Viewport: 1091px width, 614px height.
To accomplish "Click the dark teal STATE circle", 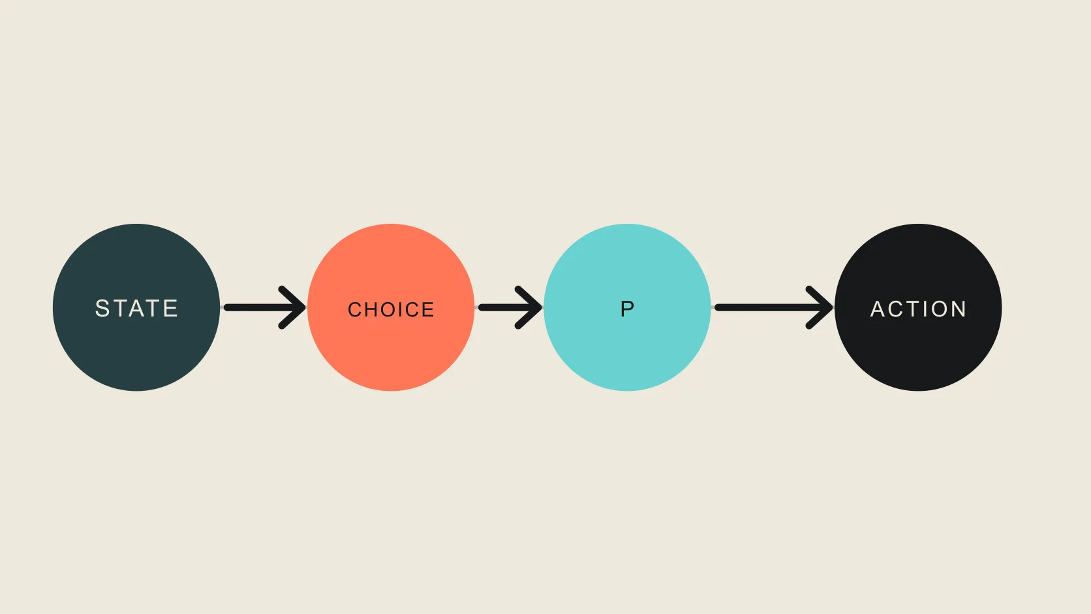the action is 136,307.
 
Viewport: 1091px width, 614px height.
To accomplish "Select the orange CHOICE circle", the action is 391,307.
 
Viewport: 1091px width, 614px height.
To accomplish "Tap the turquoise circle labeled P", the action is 627,307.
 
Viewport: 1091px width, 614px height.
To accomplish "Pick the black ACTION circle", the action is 918,307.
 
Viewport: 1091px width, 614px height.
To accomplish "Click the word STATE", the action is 136,308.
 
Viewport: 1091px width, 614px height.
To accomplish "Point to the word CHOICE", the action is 391,310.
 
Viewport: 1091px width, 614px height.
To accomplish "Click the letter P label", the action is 627,309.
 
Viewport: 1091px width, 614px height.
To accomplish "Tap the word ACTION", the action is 918,309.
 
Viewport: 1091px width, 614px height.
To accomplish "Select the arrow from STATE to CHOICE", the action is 264,307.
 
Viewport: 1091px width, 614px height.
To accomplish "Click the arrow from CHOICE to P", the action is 510,307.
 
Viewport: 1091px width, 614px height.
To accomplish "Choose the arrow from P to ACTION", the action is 774,307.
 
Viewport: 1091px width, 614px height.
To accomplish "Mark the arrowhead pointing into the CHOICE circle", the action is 292,307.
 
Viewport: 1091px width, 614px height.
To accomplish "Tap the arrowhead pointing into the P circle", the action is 529,307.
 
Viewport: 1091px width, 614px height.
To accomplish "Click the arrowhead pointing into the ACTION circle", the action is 820,307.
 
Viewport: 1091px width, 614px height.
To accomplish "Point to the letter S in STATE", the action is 102,308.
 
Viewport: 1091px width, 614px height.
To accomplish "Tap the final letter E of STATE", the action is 171,308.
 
